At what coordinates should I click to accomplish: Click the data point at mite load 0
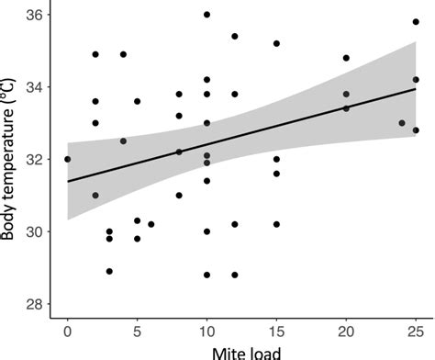point(67,159)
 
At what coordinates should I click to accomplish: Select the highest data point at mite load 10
point(206,15)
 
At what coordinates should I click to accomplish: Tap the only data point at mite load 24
point(402,123)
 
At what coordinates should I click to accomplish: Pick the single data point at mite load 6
point(151,224)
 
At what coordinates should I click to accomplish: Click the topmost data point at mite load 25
point(416,22)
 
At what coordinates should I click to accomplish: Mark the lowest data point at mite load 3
point(109,271)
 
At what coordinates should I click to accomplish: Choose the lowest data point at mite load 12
point(235,275)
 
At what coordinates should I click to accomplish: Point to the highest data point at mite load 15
point(276,43)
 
